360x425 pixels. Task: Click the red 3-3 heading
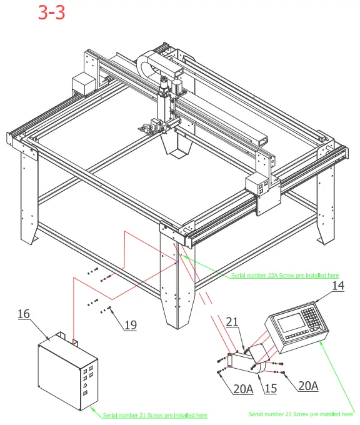(x=51, y=13)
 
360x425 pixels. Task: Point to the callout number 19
(x=130, y=324)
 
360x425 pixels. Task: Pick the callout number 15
(x=270, y=388)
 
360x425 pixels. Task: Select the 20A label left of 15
(x=243, y=389)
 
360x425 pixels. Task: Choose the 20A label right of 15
(x=307, y=386)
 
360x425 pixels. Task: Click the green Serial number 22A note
(x=284, y=275)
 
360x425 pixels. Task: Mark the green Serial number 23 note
(x=302, y=414)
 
